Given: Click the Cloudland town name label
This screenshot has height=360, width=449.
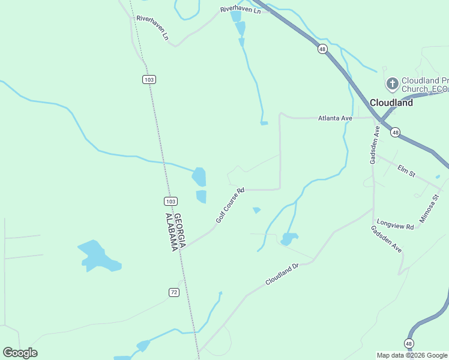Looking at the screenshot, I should pos(391,103).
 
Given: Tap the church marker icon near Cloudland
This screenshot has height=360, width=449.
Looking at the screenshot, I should pos(392,83).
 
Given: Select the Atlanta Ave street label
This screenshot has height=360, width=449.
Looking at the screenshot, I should pos(334,119).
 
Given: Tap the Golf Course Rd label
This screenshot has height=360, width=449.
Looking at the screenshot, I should pos(231,206).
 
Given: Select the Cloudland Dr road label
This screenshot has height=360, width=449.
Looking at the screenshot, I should pos(282,274).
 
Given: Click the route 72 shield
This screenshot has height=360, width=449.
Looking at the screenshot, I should pos(174,292).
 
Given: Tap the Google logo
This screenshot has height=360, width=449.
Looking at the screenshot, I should pos(20,353).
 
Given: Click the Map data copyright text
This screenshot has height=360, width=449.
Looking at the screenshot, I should pos(412,355).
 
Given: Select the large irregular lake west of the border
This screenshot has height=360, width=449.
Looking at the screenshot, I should pos(96,256).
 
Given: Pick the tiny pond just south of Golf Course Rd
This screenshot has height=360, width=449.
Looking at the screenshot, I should pos(257,210).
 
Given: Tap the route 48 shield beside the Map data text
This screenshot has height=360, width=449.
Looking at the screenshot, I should pos(408,343).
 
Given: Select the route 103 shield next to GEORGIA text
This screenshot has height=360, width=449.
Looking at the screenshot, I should pos(170,201).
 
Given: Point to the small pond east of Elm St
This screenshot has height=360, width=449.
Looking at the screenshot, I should pos(438,177).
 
